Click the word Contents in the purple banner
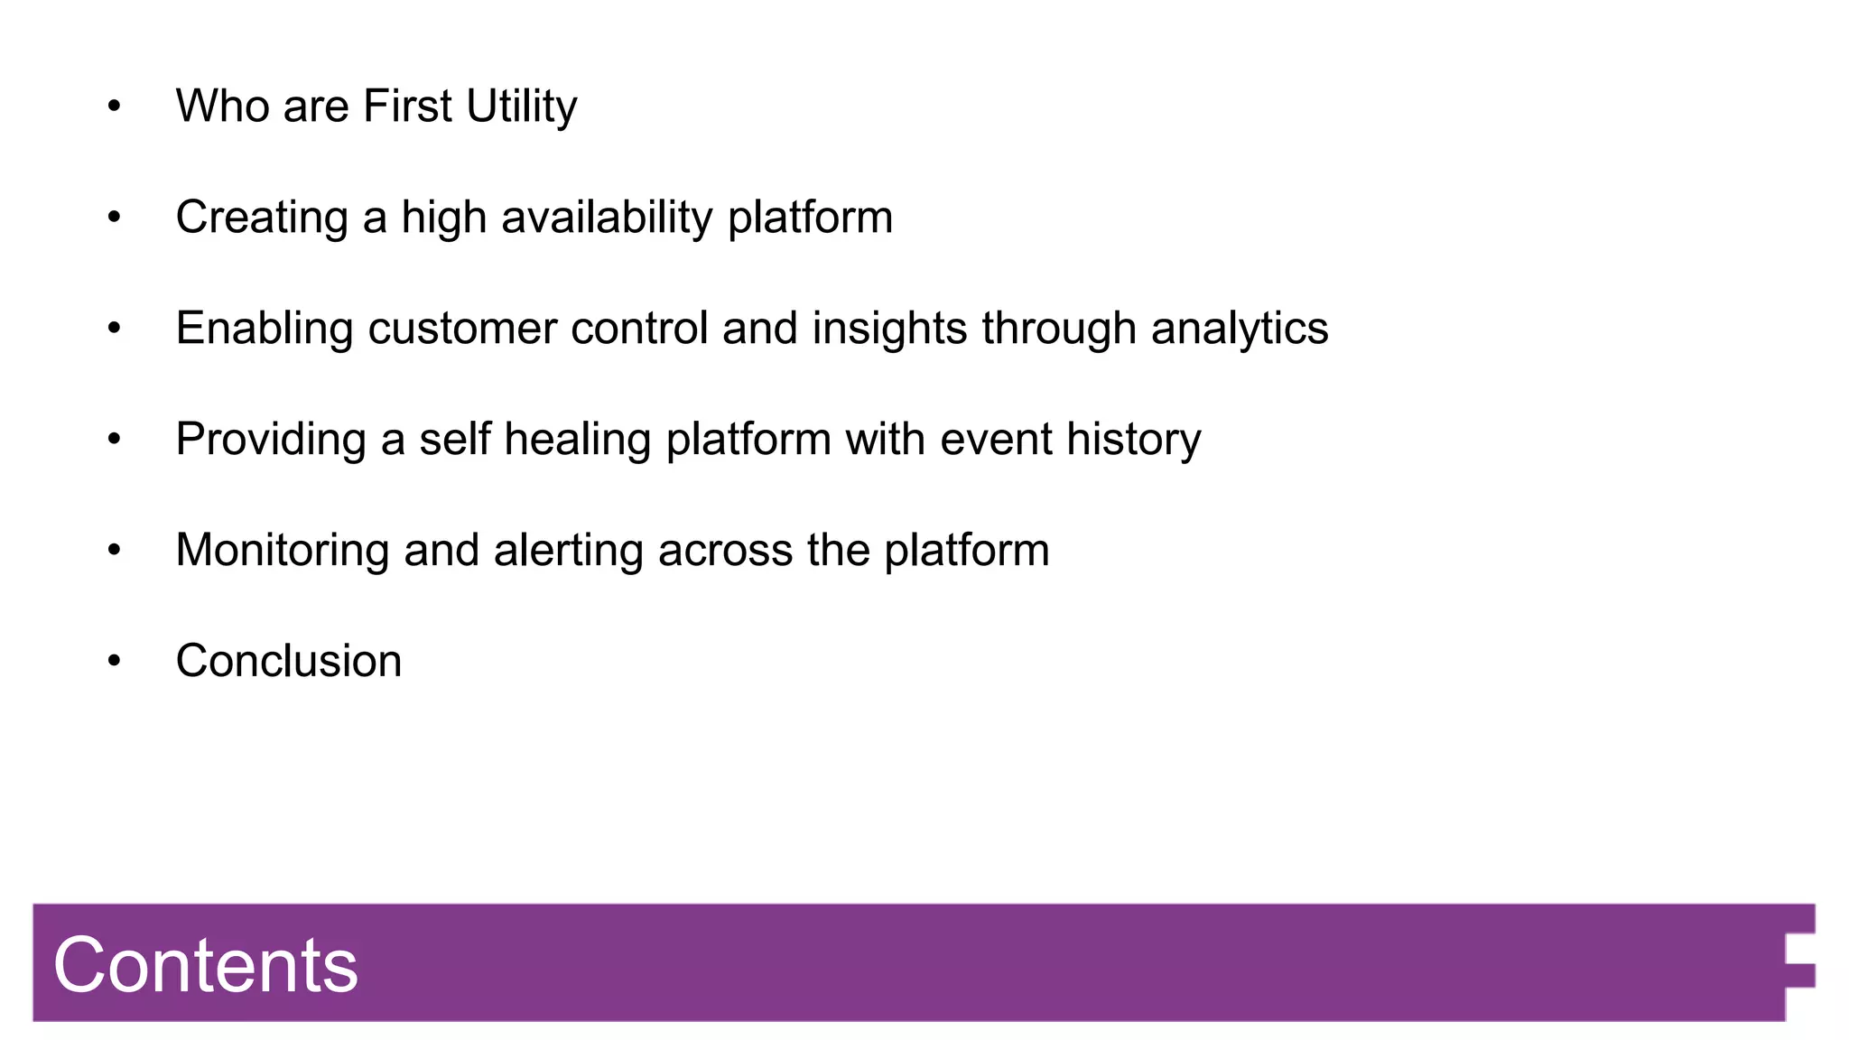[x=206, y=965]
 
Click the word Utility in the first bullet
[x=521, y=107]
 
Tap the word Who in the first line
[x=222, y=107]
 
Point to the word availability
[x=607, y=218]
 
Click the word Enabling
[x=264, y=329]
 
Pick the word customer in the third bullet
[x=461, y=329]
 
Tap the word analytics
[x=1239, y=329]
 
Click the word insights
[x=889, y=329]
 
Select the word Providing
[x=270, y=440]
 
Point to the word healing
[x=577, y=440]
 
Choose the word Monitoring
[x=282, y=551]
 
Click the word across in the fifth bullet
[x=725, y=551]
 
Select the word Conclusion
[x=289, y=661]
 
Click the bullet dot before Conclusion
[x=114, y=661]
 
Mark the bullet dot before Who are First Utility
[x=114, y=107]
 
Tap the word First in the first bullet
[x=407, y=107]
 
